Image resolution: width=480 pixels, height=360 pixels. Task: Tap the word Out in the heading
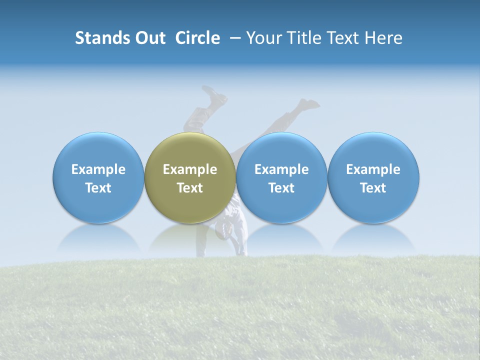pos(149,38)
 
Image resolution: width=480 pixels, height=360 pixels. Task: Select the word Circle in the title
pos(197,38)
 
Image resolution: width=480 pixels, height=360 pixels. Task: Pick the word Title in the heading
pos(302,38)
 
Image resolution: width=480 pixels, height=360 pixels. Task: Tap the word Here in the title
pos(383,38)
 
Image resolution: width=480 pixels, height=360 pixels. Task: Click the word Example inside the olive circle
pos(190,169)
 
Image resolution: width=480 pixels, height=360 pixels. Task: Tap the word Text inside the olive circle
pos(190,188)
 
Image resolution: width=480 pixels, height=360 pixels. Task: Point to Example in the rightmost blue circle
pos(373,169)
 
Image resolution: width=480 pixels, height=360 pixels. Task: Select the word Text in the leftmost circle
pos(98,188)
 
